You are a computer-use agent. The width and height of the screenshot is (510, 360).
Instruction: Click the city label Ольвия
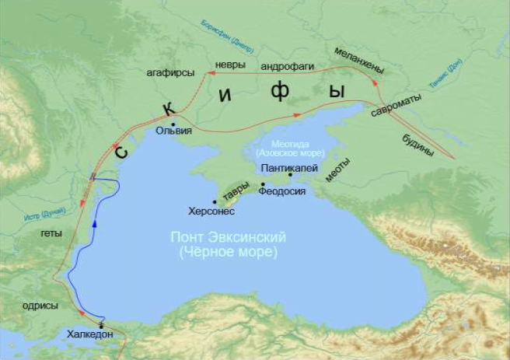pos(173,132)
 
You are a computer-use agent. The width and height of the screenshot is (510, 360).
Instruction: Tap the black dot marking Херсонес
pos(215,202)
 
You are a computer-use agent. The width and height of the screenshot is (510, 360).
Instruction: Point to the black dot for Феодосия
pos(263,184)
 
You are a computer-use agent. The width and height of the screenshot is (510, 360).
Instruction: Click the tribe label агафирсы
pos(169,74)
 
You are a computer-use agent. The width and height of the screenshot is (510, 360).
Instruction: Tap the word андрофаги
pos(287,66)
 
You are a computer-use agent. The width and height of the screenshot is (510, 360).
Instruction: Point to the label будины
pos(418,145)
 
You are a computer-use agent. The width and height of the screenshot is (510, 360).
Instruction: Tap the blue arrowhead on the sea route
pos(93,222)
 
